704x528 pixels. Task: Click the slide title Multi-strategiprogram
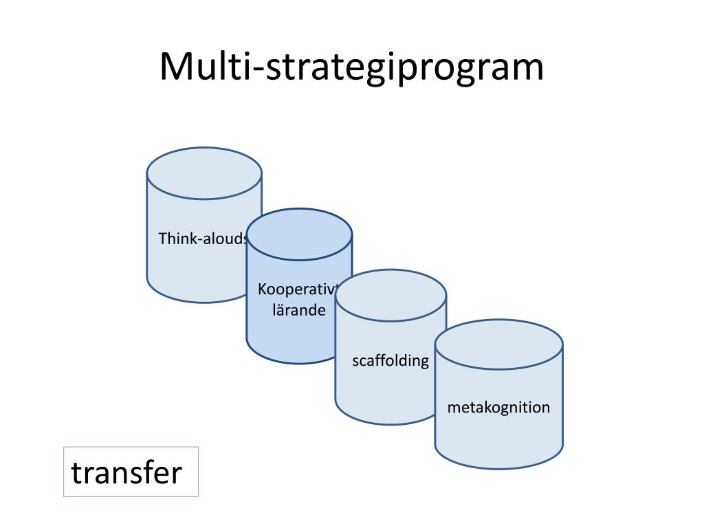(x=351, y=67)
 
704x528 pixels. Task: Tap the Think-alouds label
(x=203, y=239)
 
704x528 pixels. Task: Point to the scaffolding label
(x=390, y=360)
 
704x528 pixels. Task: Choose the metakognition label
(x=498, y=407)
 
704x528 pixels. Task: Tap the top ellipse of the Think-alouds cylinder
(x=204, y=174)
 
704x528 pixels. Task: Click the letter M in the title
(x=177, y=67)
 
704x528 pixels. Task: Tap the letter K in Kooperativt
(x=262, y=289)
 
